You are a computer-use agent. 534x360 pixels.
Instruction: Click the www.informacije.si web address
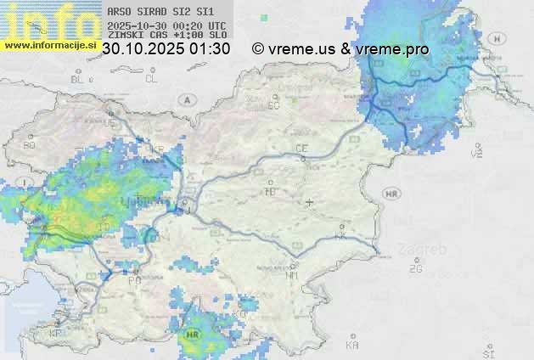(48, 45)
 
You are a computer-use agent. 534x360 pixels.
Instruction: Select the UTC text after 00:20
(216, 25)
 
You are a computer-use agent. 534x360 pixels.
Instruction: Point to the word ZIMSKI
(125, 36)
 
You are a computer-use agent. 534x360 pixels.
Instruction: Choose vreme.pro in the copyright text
(393, 49)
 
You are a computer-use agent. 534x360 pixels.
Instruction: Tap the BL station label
(78, 79)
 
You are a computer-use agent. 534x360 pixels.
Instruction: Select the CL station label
(151, 79)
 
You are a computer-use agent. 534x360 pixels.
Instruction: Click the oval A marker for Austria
(186, 99)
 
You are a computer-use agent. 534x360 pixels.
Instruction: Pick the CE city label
(301, 149)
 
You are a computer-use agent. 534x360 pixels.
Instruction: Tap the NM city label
(293, 275)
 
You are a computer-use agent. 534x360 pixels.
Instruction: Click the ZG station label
(415, 269)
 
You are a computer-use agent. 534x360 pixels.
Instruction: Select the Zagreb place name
(427, 250)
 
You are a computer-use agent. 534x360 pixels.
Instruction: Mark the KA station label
(352, 345)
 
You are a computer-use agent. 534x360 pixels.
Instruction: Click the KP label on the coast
(56, 334)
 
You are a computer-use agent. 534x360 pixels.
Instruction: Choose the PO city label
(134, 279)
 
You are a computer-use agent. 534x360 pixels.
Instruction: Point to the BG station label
(30, 145)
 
